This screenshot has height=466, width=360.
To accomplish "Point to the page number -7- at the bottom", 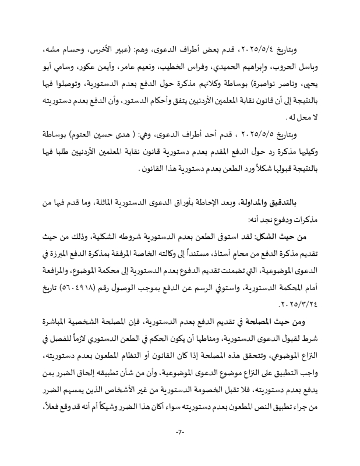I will coord(180,432).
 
